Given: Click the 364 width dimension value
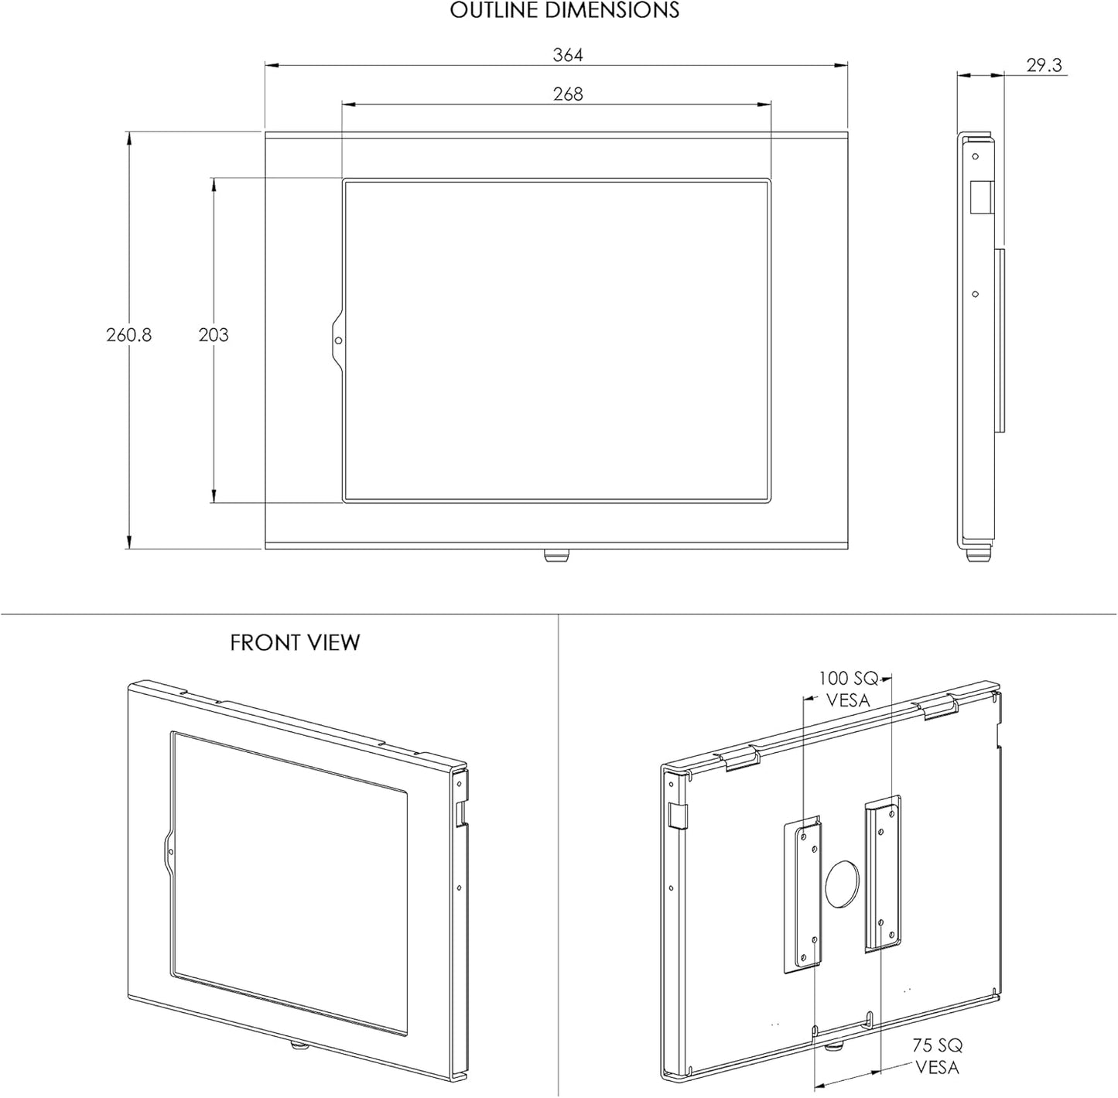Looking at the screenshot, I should pos(567,55).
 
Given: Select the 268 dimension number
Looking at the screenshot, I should pos(567,94).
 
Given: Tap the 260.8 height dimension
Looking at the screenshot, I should pos(129,335).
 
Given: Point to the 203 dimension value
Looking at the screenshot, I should pos(214,335).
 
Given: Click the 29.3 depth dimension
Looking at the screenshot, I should pos(1044,66).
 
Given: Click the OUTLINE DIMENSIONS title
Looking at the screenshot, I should pos(564,11).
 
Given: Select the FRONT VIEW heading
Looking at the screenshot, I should pos(295,643).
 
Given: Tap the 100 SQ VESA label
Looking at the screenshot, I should pos(848,689).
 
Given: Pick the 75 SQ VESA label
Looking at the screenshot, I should pos(937,1056).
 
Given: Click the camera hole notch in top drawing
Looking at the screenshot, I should pos(337,340).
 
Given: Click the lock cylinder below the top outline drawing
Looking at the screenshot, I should pos(556,556).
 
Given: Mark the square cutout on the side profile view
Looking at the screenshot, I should pos(980,197).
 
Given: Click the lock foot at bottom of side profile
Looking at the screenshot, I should pos(979,555).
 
